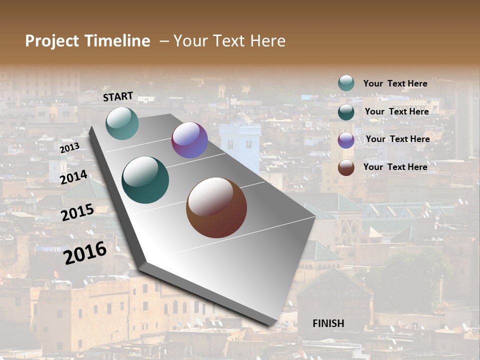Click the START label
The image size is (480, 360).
click(118, 96)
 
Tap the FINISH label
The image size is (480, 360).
click(328, 323)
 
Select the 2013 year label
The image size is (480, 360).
click(69, 148)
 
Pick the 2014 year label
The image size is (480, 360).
click(74, 177)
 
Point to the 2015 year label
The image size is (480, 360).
click(77, 212)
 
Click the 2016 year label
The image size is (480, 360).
click(85, 252)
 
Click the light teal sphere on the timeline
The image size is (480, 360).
click(122, 123)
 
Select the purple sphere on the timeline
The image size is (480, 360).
click(189, 140)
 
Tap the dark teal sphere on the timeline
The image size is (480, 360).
click(145, 180)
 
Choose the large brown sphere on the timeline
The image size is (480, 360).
click(216, 207)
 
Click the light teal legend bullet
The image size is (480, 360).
click(346, 83)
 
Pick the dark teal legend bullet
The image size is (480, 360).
click(346, 111)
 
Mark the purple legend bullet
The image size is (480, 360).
click(346, 139)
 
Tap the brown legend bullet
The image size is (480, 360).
click(346, 167)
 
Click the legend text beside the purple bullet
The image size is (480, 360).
click(397, 139)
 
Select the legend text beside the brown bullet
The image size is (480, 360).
click(395, 167)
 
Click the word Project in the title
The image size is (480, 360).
click(52, 41)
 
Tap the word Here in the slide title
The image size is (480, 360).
click(267, 41)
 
